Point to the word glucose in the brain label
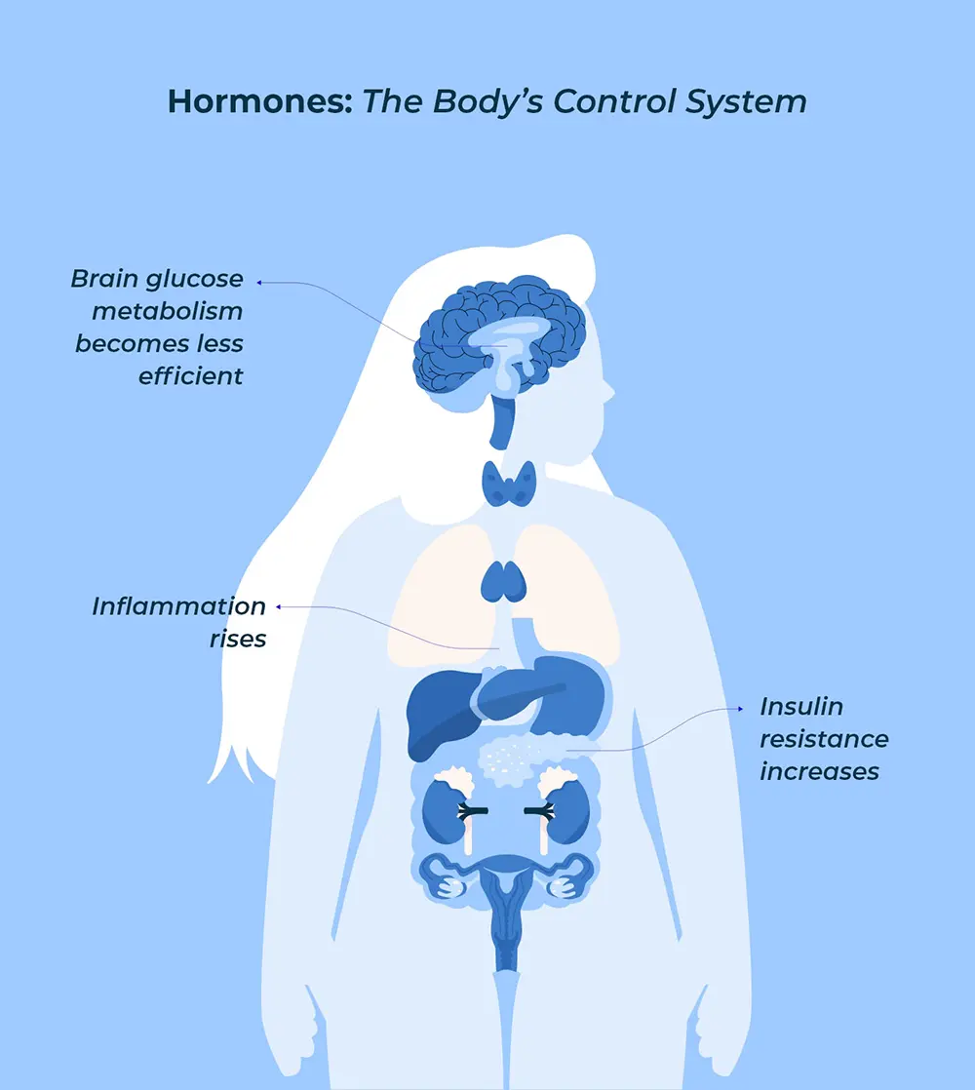pyautogui.click(x=193, y=279)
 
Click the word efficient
pyautogui.click(x=190, y=375)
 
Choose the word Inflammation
pyautogui.click(x=178, y=606)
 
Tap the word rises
pyautogui.click(x=238, y=641)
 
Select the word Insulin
pyautogui.click(x=801, y=706)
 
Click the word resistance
pyautogui.click(x=824, y=739)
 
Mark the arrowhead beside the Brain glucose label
pyautogui.click(x=259, y=283)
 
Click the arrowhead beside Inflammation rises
pyautogui.click(x=278, y=606)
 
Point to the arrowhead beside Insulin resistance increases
pyautogui.click(x=735, y=709)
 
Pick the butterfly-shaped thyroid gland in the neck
pyautogui.click(x=508, y=483)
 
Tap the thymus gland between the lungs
pyautogui.click(x=503, y=582)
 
